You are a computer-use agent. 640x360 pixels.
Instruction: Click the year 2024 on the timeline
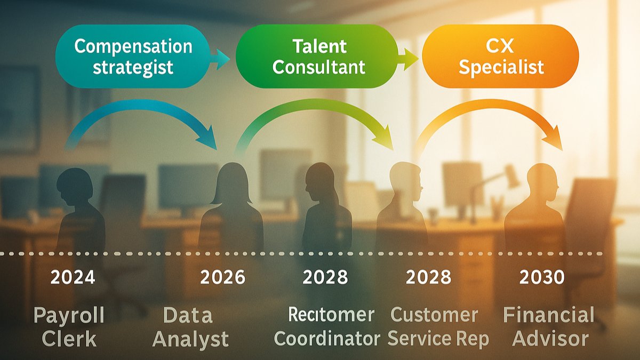[x=73, y=277]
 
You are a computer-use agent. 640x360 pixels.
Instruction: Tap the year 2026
[x=223, y=277]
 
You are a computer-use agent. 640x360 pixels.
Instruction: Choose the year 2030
[x=542, y=277]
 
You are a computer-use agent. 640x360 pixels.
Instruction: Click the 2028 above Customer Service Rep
[x=428, y=277]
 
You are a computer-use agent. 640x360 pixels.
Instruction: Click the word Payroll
[x=69, y=316]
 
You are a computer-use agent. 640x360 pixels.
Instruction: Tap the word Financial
[x=548, y=315]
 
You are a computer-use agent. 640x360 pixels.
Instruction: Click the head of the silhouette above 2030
[x=542, y=179]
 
